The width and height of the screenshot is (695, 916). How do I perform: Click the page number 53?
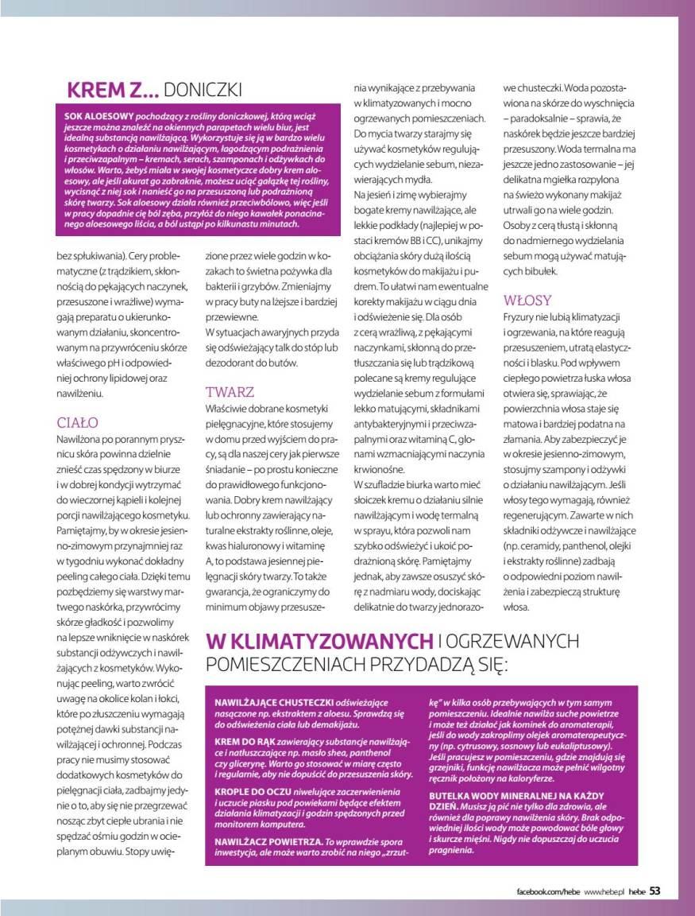point(654,891)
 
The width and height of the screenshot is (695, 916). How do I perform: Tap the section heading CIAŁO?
point(77,422)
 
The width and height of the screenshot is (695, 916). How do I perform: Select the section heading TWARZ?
point(230,392)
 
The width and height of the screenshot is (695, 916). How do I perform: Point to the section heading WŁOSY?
point(527,300)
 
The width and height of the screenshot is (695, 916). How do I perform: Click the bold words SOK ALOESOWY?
point(98,115)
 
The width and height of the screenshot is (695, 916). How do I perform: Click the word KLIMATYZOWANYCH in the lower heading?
point(319,640)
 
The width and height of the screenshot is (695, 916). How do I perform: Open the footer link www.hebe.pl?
point(604,891)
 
